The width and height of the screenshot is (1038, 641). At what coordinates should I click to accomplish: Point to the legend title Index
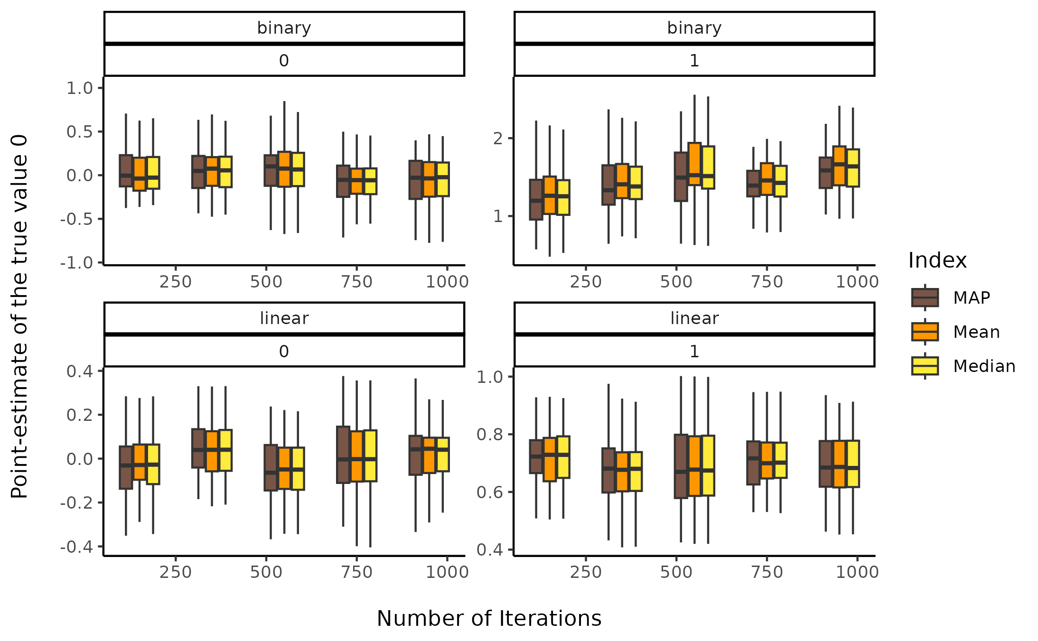coord(937,260)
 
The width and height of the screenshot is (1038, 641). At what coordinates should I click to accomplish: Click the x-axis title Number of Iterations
coord(489,618)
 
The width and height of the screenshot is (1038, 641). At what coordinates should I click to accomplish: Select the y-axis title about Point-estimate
coord(19,316)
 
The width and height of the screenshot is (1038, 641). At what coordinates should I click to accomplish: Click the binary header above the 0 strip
coord(284,28)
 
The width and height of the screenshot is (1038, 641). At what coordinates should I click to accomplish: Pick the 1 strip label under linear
coord(694,351)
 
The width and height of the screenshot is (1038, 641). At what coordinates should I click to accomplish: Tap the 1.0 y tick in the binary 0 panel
coord(80,88)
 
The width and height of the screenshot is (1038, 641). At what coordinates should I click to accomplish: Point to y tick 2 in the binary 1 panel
coord(498,138)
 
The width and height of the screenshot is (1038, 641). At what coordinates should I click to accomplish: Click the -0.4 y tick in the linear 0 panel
coord(76,547)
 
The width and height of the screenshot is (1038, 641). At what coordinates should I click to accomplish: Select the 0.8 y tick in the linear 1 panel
coord(489,434)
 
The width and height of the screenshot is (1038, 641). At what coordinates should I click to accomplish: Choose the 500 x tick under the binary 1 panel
coord(676,281)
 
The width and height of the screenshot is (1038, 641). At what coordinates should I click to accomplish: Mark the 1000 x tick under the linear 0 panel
coord(447,572)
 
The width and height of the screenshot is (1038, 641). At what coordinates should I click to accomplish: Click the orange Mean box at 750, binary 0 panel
coord(357,181)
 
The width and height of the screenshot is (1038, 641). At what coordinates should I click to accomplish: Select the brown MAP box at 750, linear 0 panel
coord(343,455)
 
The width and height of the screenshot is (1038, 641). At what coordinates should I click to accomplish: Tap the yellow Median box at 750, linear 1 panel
coord(780,460)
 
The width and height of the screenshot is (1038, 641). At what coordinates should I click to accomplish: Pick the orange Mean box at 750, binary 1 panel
coord(767,179)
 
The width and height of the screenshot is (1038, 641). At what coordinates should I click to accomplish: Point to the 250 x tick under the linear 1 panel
coord(586,572)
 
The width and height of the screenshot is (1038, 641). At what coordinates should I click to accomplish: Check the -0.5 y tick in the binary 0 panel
coord(76,219)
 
